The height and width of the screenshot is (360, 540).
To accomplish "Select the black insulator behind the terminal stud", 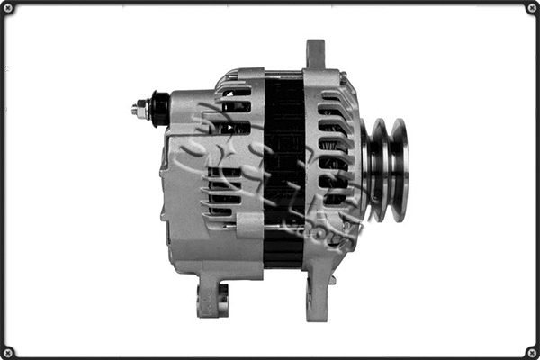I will [160, 109].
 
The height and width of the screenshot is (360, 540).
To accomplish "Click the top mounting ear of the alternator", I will [315, 54].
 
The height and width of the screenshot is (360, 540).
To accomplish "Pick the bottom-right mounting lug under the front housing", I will [317, 297].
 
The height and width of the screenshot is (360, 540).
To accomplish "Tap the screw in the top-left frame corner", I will [8, 8].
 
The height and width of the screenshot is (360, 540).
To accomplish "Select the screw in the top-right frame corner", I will [531, 8].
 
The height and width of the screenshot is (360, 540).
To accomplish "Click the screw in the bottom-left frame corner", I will [8, 351].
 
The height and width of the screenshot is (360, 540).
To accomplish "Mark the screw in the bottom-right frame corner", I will [531, 351].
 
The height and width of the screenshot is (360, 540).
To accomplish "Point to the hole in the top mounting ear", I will [315, 49].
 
